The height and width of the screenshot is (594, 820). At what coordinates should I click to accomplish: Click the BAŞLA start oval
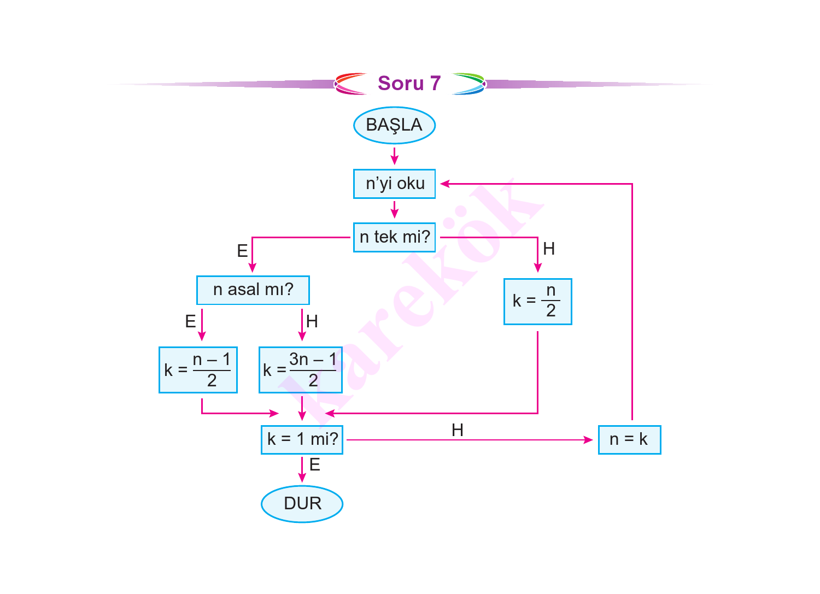(394, 125)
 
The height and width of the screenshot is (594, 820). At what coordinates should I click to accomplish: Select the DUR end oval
(302, 503)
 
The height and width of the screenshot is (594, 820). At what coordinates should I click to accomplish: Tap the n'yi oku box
(394, 184)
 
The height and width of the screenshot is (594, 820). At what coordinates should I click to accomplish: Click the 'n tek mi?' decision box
(394, 237)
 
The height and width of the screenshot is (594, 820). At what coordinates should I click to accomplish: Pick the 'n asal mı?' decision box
(253, 290)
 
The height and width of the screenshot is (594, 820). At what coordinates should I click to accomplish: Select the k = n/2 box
(537, 302)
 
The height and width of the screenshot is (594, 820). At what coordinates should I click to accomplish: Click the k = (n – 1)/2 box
(198, 370)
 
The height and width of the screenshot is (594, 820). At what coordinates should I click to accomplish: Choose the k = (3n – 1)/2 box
(300, 370)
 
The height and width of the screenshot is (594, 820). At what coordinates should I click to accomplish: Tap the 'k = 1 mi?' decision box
(302, 439)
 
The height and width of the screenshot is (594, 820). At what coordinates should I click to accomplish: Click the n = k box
(629, 439)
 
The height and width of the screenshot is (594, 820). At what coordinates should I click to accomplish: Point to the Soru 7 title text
(409, 83)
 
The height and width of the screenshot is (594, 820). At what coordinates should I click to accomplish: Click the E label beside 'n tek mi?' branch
(242, 251)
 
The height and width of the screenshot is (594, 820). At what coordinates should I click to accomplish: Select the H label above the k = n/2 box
(549, 249)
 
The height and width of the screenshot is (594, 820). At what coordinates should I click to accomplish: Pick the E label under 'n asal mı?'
(190, 321)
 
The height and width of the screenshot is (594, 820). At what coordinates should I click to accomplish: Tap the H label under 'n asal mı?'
(312, 321)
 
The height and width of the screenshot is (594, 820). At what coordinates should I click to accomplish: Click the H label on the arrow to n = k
(458, 430)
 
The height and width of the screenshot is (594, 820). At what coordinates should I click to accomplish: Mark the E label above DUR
(314, 465)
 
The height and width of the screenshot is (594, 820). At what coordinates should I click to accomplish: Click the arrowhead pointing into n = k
(589, 439)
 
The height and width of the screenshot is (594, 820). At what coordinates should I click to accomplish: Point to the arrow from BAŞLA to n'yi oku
(394, 156)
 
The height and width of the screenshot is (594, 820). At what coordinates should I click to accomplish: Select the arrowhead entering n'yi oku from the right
(444, 184)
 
